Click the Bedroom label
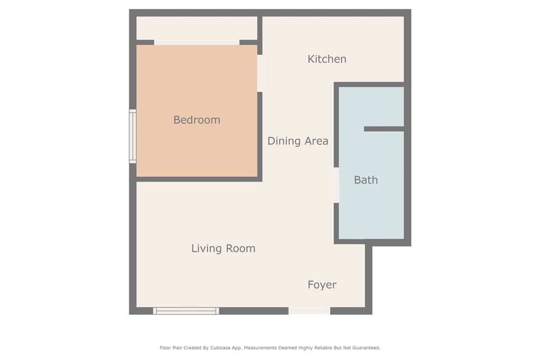(x=197, y=120)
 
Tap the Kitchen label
(x=327, y=59)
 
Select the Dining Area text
(x=298, y=141)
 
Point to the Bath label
(x=366, y=180)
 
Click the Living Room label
(x=223, y=248)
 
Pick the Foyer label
(x=322, y=285)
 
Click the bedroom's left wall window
(x=132, y=137)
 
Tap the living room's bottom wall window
(x=186, y=311)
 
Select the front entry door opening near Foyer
(x=309, y=311)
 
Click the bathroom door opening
(x=336, y=185)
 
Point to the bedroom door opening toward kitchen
(x=259, y=73)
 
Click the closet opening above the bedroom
(x=197, y=42)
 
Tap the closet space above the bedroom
(x=197, y=28)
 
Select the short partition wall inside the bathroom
(x=384, y=129)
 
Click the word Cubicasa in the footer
(x=221, y=347)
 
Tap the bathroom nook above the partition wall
(x=371, y=106)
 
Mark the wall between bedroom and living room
(x=199, y=179)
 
